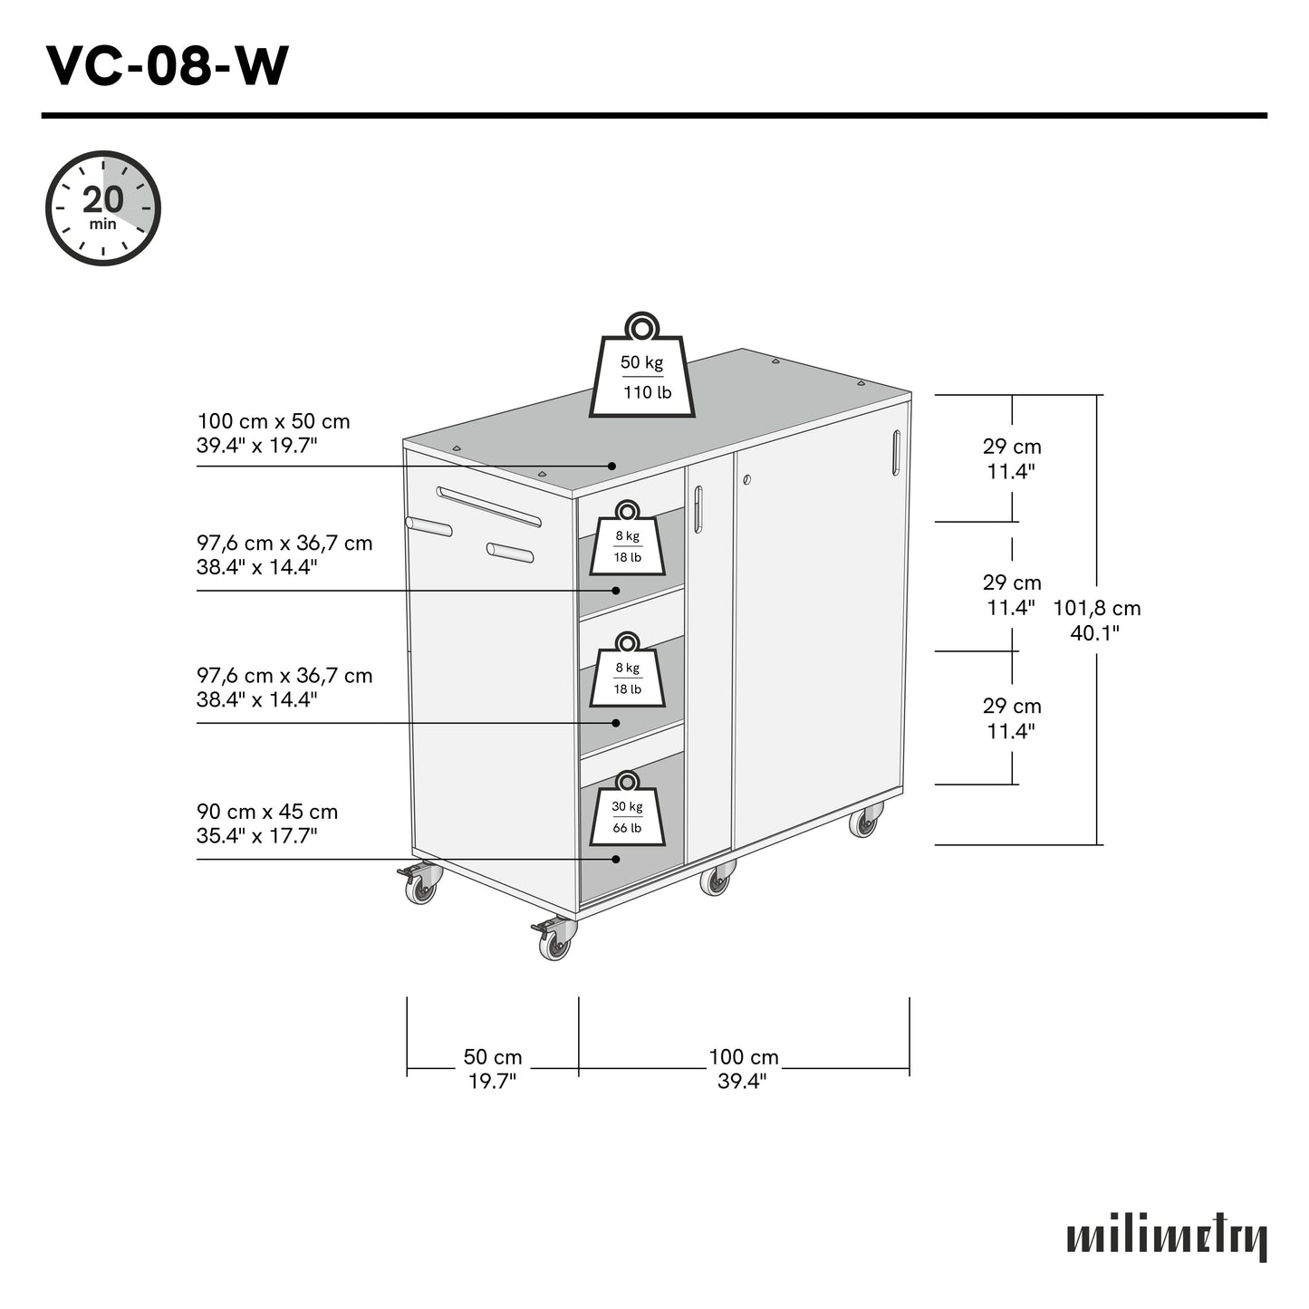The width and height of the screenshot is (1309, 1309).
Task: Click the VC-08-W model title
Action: click(168, 66)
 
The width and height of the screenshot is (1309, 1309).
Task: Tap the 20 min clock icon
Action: click(103, 208)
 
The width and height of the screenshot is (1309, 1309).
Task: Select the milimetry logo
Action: click(1166, 1238)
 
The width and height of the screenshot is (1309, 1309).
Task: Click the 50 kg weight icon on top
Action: click(642, 370)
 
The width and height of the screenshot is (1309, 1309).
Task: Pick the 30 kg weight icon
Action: click(627, 812)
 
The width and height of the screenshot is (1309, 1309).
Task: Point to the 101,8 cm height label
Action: click(1096, 621)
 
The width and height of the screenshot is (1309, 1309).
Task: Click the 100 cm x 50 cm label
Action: click(274, 433)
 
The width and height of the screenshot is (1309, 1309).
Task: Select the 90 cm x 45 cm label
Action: click(267, 823)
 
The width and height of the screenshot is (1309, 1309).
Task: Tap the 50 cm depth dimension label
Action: click(493, 1069)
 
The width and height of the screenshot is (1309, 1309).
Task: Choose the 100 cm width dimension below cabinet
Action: click(744, 1069)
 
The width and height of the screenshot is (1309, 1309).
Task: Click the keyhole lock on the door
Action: click(746, 479)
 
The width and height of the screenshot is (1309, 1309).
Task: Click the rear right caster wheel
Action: click(865, 823)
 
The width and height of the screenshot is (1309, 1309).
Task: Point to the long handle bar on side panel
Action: click(489, 506)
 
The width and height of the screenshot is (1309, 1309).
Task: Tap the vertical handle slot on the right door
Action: click(896, 452)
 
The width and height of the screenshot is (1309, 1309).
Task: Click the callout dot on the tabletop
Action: click(611, 466)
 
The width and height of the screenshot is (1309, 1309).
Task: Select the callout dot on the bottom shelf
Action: click(616, 859)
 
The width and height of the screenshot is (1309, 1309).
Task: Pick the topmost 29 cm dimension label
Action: click(1012, 458)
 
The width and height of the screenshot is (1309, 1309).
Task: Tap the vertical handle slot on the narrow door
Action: click(698, 509)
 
